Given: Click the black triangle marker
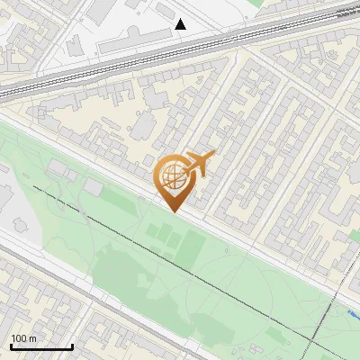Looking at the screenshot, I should point(181,24).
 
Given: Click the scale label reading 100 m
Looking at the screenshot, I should point(23,337).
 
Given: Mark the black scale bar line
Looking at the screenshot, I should point(41,346).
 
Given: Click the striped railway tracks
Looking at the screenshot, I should point(135,58).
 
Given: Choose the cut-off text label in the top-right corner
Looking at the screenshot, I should point(347,13).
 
